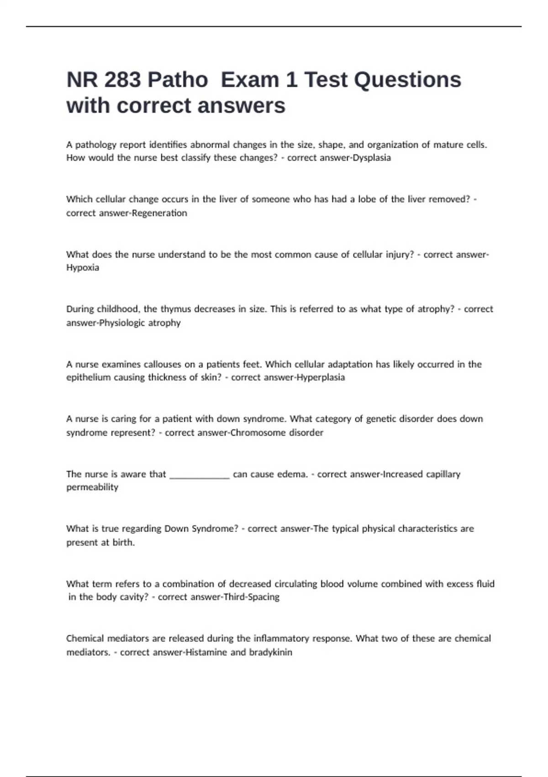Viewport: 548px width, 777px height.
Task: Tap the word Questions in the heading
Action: click(x=407, y=80)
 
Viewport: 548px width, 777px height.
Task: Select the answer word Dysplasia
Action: click(x=372, y=158)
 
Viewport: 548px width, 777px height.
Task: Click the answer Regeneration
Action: click(x=159, y=213)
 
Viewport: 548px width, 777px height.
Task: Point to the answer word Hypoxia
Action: click(x=83, y=268)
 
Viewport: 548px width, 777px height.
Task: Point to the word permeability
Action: click(x=92, y=487)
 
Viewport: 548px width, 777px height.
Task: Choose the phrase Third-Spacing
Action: click(x=251, y=597)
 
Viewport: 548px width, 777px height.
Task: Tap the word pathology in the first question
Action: click(x=95, y=145)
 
